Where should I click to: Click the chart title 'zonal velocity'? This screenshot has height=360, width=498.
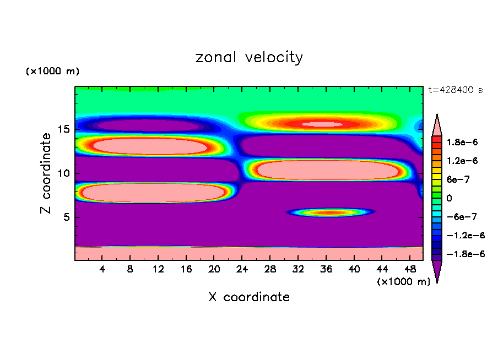pyautogui.click(x=249, y=57)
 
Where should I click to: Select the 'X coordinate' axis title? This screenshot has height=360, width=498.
pyautogui.click(x=249, y=297)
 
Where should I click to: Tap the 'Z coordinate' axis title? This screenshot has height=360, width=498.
pyautogui.click(x=46, y=173)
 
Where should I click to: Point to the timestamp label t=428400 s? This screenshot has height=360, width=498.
pyautogui.click(x=456, y=90)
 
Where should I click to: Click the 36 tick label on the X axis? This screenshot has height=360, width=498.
pyautogui.click(x=326, y=269)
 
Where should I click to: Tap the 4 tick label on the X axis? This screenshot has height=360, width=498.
pyautogui.click(x=102, y=269)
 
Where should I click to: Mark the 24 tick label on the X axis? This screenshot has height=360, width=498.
pyautogui.click(x=242, y=269)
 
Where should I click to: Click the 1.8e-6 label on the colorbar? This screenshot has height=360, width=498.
pyautogui.click(x=462, y=142)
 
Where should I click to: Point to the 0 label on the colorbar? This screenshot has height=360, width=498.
pyautogui.click(x=449, y=198)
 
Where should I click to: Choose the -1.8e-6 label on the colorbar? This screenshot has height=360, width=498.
pyautogui.click(x=462, y=254)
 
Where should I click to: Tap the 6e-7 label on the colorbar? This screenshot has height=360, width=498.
pyautogui.click(x=458, y=179)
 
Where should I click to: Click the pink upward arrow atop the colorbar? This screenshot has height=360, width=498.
pyautogui.click(x=437, y=124)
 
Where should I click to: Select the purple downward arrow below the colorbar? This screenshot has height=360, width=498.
pyautogui.click(x=437, y=271)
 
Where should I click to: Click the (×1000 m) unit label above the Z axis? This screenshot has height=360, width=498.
pyautogui.click(x=52, y=72)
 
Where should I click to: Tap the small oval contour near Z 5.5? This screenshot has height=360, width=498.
pyautogui.click(x=329, y=212)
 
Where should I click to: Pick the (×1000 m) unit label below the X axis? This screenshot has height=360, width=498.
pyautogui.click(x=404, y=282)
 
